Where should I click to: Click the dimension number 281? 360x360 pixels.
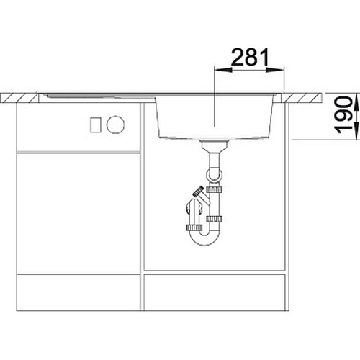coord(251,57)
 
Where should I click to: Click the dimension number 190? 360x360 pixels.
coord(343,115)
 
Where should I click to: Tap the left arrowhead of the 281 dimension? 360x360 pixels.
coord(223,70)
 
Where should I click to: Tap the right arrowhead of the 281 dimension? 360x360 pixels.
coord(275,70)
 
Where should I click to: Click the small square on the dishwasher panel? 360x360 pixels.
coord(96,125)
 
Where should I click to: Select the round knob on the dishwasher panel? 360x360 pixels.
coord(116,125)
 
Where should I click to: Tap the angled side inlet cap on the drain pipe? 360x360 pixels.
coord(199,192)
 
